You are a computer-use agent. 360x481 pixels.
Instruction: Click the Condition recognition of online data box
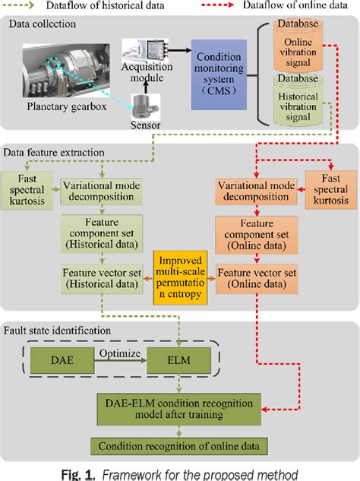(179, 446)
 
